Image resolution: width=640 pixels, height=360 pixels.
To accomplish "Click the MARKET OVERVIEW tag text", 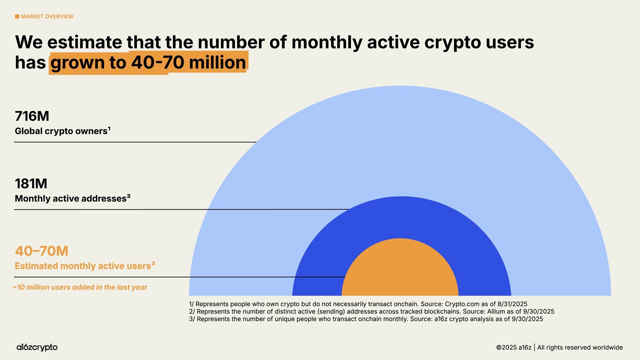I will pyautogui.click(x=47, y=17).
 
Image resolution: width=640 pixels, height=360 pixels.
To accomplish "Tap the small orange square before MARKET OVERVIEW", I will pyautogui.click(x=17, y=17).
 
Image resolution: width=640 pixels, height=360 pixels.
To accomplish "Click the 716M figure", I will pyautogui.click(x=32, y=116).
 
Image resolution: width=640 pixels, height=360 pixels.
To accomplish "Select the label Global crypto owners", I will pyautogui.click(x=61, y=131).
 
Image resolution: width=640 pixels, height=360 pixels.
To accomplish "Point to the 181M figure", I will pyautogui.click(x=31, y=184).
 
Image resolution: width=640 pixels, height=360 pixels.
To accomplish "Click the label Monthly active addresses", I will pyautogui.click(x=71, y=199).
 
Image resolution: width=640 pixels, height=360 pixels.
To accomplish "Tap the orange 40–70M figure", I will pyautogui.click(x=42, y=251).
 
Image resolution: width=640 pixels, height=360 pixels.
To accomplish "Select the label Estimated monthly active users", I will pyautogui.click(x=83, y=266).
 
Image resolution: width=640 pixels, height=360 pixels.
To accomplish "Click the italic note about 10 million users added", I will pyautogui.click(x=80, y=287).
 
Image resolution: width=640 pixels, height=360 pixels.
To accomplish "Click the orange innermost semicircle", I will pyautogui.click(x=400, y=270).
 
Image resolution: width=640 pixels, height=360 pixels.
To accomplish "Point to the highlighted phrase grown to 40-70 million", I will pyautogui.click(x=148, y=63).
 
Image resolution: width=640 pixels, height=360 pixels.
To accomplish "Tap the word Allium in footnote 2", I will pyautogui.click(x=496, y=312).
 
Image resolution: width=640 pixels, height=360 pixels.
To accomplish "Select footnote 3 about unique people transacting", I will pyautogui.click(x=366, y=319).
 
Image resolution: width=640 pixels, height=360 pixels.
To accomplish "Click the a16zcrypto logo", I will pyautogui.click(x=37, y=347).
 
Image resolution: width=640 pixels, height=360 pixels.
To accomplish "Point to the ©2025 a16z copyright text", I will pyautogui.click(x=514, y=348).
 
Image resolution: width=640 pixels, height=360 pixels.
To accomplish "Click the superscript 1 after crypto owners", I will pyautogui.click(x=109, y=128).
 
